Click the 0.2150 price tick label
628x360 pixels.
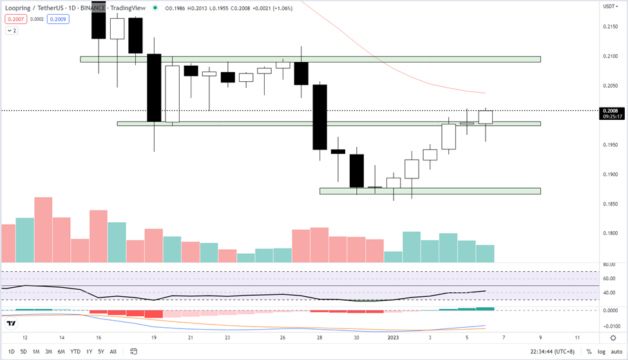coord(610,26)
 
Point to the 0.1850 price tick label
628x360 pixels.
coord(610,204)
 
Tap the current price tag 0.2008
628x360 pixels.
coord(610,110)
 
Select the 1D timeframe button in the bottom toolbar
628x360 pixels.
coord(10,352)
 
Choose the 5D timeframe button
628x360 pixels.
coord(23,352)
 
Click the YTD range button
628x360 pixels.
coord(75,352)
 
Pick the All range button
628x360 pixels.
coord(113,352)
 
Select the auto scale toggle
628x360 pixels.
coord(617,352)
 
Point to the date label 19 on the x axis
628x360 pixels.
coord(154,337)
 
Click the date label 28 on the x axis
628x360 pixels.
coord(319,337)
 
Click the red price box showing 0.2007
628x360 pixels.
coord(14,19)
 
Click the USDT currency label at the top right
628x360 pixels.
coord(609,7)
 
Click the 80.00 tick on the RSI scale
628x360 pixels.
coord(609,265)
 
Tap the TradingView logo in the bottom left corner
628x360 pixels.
coord(10,324)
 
